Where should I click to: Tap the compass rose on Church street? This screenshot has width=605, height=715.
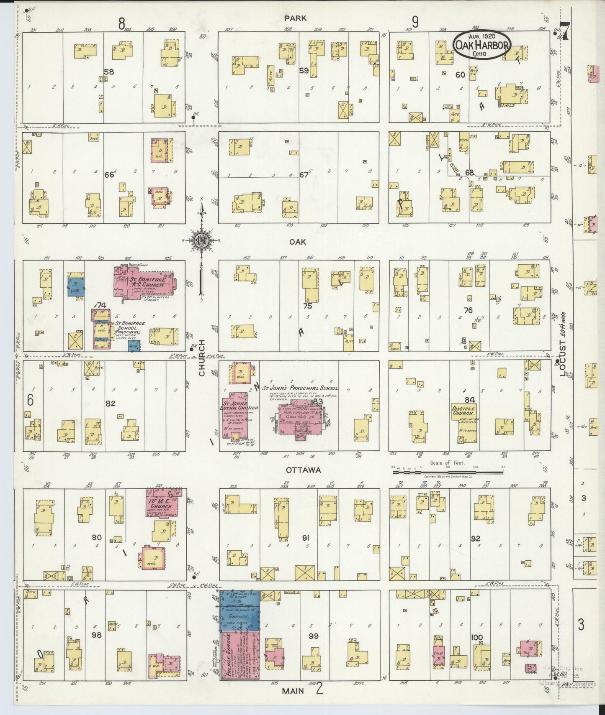tap(201, 240)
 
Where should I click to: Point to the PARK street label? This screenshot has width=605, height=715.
tap(295, 18)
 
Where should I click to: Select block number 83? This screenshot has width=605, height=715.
tap(317, 401)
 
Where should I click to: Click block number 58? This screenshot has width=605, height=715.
tap(109, 72)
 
